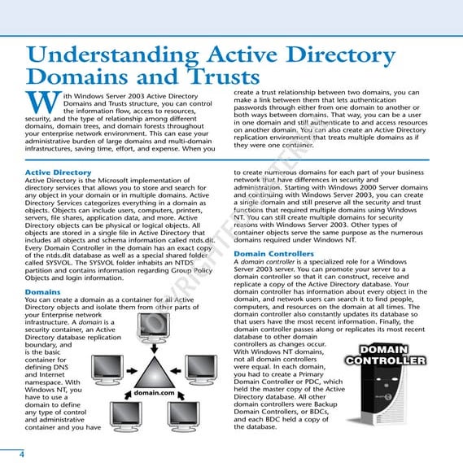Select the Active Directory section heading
58,173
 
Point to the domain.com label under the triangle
155,393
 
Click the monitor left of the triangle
107,368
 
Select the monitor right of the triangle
201,368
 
